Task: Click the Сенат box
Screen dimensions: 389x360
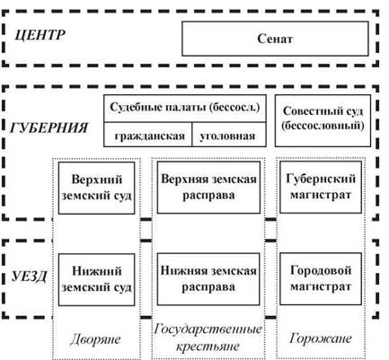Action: pyautogui.click(x=275, y=39)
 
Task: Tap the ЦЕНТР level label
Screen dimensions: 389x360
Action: pyautogui.click(x=40, y=35)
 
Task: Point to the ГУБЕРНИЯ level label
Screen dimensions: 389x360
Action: pyautogui.click(x=49, y=128)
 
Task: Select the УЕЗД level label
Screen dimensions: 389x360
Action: pyautogui.click(x=29, y=277)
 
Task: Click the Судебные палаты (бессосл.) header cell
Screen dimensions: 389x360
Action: pyautogui.click(x=185, y=109)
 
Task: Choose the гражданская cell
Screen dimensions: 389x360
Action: pyautogui.click(x=147, y=135)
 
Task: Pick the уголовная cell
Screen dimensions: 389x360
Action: pyautogui.click(x=229, y=135)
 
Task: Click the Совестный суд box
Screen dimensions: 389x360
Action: pyautogui.click(x=323, y=120)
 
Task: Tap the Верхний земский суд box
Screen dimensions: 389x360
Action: pyautogui.click(x=96, y=188)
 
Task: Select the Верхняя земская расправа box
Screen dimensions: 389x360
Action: pyautogui.click(x=208, y=188)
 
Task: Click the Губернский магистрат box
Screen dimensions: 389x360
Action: pyautogui.click(x=321, y=187)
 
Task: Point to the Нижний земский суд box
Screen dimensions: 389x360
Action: pyautogui.click(x=96, y=280)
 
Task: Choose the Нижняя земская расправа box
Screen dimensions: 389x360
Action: pyautogui.click(x=208, y=279)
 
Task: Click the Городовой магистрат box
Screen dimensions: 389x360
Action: pyautogui.click(x=321, y=279)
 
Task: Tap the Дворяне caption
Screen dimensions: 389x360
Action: pyautogui.click(x=95, y=339)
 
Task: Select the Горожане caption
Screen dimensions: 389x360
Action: pyautogui.click(x=321, y=338)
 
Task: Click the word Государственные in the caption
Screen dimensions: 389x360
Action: pyautogui.click(x=208, y=329)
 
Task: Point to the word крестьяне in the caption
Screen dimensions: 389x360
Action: pyautogui.click(x=208, y=347)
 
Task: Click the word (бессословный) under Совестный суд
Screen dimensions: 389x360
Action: pyautogui.click(x=323, y=126)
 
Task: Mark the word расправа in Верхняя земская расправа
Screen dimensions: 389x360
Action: pyautogui.click(x=208, y=196)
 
